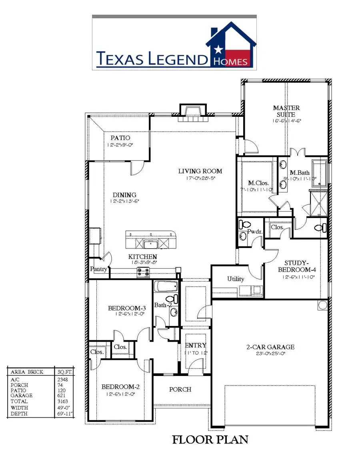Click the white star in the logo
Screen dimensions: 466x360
[x=218, y=50]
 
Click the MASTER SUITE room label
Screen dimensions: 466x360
[x=286, y=111]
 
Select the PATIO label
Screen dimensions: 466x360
[x=120, y=138]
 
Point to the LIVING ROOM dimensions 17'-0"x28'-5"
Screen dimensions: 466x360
[x=200, y=178]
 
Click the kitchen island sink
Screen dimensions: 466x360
[x=151, y=243]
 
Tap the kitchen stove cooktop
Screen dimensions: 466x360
[x=144, y=272]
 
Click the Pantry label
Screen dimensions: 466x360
[x=98, y=269]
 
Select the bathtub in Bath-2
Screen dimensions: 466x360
[x=166, y=287]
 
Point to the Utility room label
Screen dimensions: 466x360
[x=236, y=279]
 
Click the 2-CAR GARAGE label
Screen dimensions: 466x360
[x=270, y=347]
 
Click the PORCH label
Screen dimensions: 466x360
[x=180, y=389]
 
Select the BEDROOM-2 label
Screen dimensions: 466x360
[x=120, y=387]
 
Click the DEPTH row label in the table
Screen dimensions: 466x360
[x=19, y=414]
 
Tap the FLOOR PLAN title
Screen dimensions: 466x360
[x=210, y=440]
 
